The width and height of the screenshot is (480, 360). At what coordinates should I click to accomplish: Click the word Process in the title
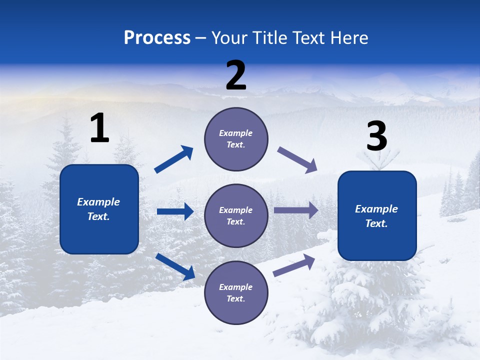coord(157,38)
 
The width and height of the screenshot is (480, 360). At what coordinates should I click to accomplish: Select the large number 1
coord(99,128)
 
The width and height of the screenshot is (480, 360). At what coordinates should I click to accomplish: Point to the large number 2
coord(236,75)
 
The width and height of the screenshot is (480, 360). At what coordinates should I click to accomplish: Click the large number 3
coord(376,136)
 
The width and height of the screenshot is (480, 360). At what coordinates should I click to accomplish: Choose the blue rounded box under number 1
coord(99,209)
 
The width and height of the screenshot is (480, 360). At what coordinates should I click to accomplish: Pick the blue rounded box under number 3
coord(377,216)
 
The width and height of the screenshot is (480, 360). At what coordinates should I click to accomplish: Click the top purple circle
coord(236,139)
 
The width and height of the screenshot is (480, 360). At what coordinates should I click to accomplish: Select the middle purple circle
coord(236,215)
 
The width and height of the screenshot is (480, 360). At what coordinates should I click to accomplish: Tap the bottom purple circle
coord(236,292)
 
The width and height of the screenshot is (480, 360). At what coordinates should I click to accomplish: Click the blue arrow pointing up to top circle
coord(174,159)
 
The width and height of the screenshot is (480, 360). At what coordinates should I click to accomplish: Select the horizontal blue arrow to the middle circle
coord(175,211)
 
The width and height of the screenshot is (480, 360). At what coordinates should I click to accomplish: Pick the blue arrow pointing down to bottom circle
coord(175,266)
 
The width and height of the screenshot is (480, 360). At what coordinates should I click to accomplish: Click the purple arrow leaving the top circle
coord(297,160)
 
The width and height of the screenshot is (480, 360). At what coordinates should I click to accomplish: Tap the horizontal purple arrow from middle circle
coord(295,210)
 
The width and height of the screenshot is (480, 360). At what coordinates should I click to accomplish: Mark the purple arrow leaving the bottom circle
coord(294,265)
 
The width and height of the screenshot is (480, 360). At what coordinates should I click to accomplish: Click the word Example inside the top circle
coord(236,133)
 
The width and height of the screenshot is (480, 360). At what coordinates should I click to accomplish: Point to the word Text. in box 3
coord(376,223)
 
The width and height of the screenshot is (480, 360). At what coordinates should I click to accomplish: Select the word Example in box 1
coord(98,202)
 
